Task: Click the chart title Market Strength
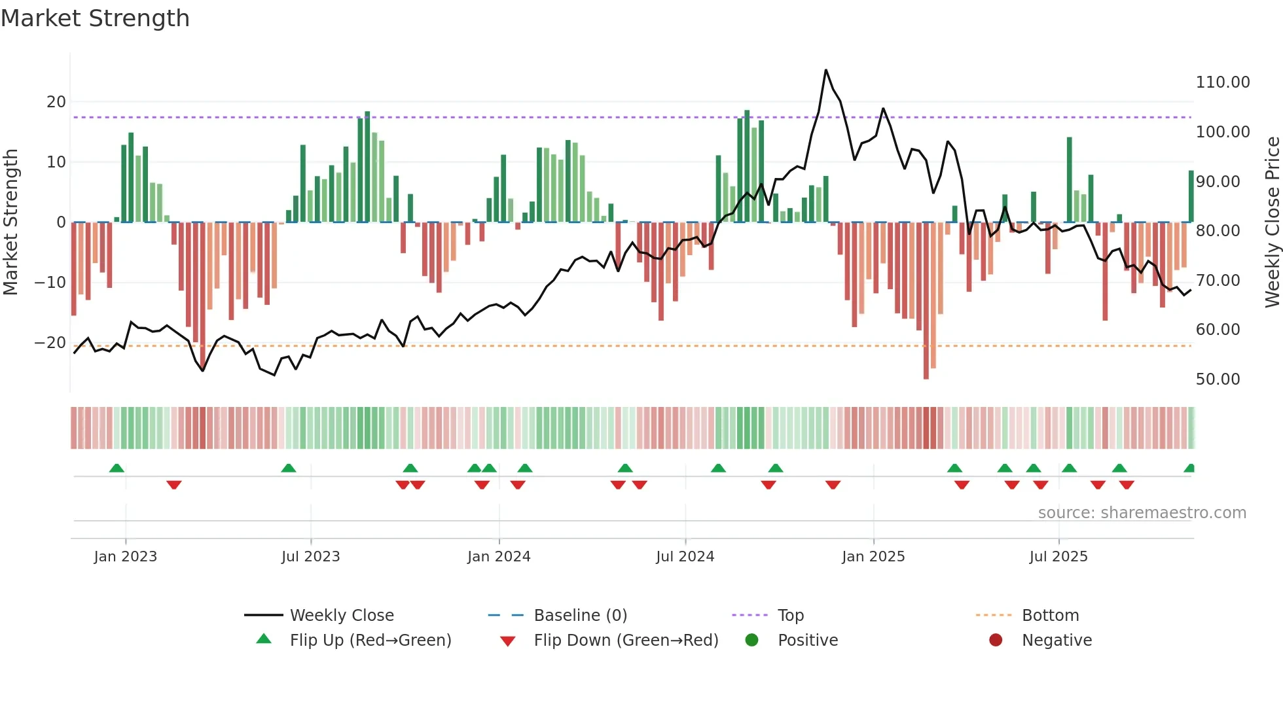click(x=95, y=18)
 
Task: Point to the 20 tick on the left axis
click(x=56, y=102)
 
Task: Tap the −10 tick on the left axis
click(x=50, y=283)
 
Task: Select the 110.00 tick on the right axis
click(x=1222, y=82)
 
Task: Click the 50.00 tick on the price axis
click(x=1218, y=379)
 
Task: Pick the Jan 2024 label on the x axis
click(x=499, y=557)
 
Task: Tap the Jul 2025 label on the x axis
click(x=1058, y=557)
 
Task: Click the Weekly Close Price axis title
click(x=1272, y=222)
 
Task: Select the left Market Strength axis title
click(x=10, y=222)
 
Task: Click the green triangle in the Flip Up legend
click(x=264, y=639)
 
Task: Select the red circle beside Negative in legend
click(x=996, y=640)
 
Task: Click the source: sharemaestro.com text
click(x=1142, y=513)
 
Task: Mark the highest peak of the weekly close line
click(x=825, y=71)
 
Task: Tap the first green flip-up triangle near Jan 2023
click(x=117, y=468)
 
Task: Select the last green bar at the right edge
click(x=1191, y=196)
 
